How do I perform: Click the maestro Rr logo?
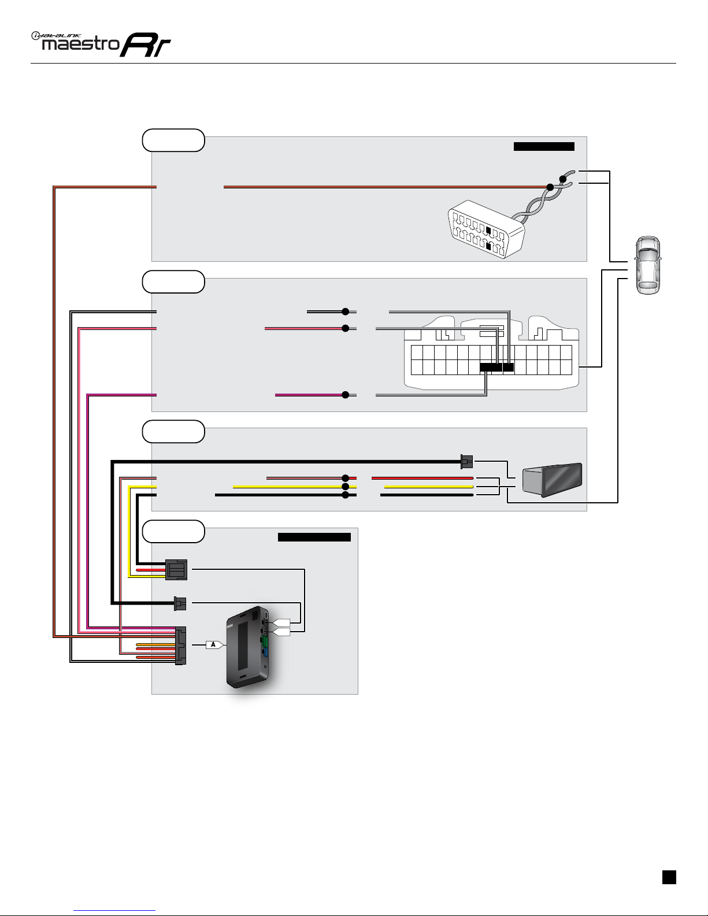click(x=101, y=44)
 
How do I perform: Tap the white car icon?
click(x=648, y=265)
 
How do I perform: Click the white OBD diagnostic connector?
click(x=486, y=229)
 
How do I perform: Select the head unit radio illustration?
click(x=552, y=480)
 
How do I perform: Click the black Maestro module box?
click(x=248, y=647)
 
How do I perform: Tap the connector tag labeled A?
click(x=214, y=644)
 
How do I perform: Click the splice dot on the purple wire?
click(x=345, y=395)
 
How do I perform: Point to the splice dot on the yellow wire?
click(x=345, y=487)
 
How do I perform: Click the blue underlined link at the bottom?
click(x=114, y=910)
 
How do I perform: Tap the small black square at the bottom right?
click(x=669, y=877)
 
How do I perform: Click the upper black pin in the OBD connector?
click(x=488, y=230)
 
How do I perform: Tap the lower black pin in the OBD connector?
click(x=488, y=246)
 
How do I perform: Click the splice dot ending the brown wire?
click(x=550, y=187)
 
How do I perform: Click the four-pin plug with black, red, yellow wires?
click(x=176, y=570)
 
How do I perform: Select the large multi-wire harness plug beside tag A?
click(x=180, y=646)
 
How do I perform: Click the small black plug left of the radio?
click(x=466, y=462)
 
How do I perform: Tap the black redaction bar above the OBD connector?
click(x=544, y=146)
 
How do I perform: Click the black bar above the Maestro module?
click(x=314, y=537)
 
